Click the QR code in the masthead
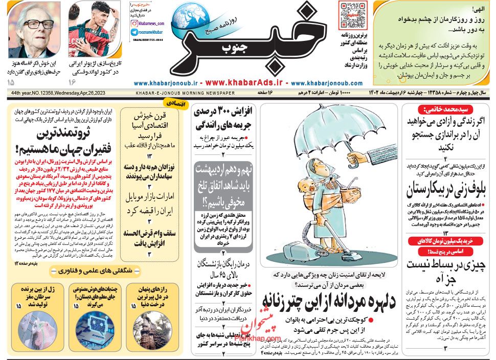tap(353, 15)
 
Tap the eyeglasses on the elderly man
tap(38, 24)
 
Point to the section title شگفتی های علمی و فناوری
tap(94, 271)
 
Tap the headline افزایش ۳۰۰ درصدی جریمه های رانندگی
tap(223, 119)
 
